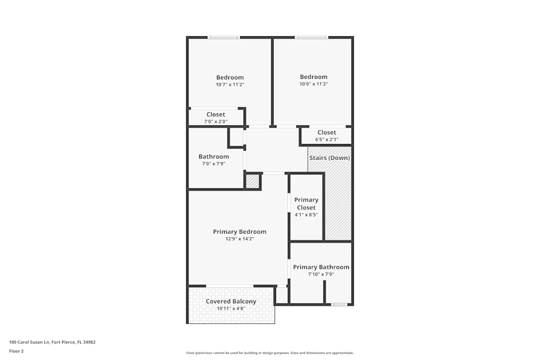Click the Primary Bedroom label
[239, 232]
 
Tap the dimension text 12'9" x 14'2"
[239, 239]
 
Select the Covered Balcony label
[231, 301]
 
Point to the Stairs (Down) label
[329, 158]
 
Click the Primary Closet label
[306, 203]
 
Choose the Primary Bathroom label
[321, 267]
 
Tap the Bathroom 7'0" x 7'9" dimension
[213, 164]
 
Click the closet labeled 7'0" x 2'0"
[215, 118]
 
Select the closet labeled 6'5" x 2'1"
[327, 135]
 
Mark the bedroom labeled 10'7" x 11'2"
[230, 80]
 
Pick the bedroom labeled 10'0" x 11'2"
[314, 80]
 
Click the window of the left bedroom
[224, 37]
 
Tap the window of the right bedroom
[311, 37]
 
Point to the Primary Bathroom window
[339, 304]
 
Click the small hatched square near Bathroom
[252, 181]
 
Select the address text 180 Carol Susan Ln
[52, 342]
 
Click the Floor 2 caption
[16, 351]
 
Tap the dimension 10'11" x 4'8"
[231, 309]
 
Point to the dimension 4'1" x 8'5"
[306, 214]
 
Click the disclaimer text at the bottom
[269, 352]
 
